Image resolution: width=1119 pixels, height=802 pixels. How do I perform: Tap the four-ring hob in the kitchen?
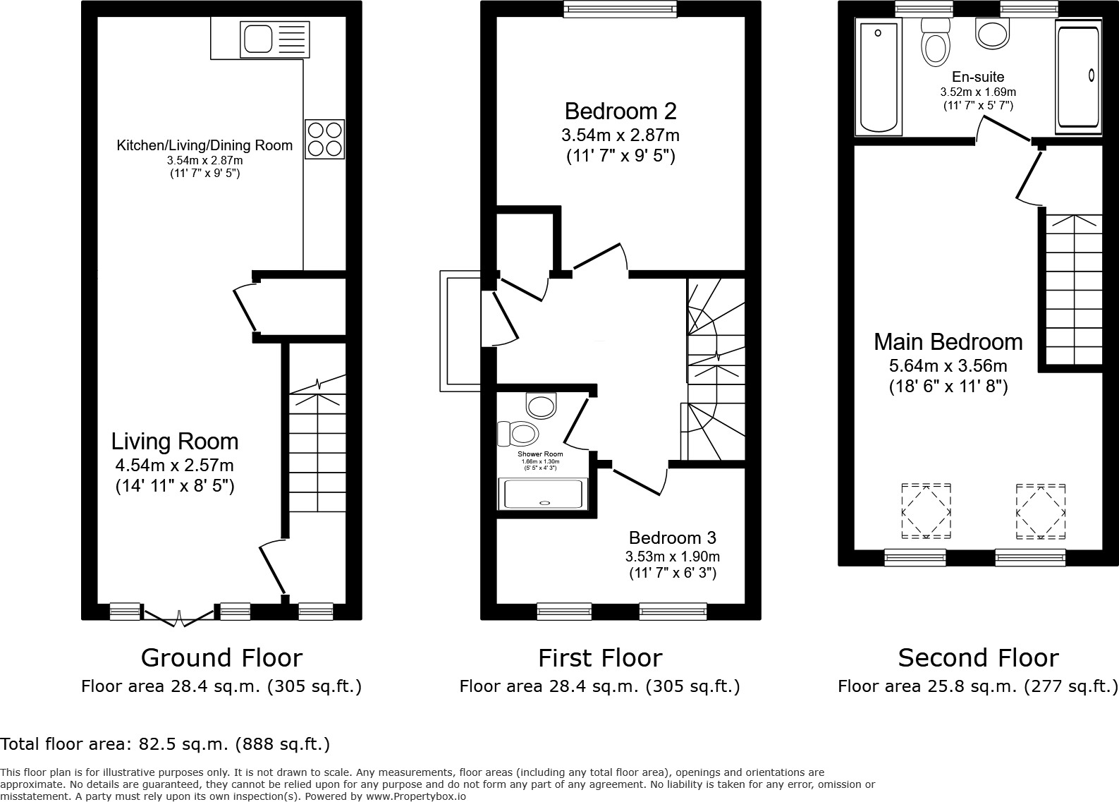click(324, 139)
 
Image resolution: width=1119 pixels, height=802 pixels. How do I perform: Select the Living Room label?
click(175, 442)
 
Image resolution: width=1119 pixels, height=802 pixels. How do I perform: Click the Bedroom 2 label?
click(620, 111)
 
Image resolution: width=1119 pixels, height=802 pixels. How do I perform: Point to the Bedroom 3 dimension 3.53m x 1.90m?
click(672, 557)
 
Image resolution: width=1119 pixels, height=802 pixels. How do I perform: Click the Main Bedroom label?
click(948, 342)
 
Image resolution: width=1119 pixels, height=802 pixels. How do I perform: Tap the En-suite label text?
click(977, 77)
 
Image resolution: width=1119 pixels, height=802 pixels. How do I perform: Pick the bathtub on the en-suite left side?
click(879, 78)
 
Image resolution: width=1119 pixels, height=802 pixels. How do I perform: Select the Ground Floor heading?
click(221, 657)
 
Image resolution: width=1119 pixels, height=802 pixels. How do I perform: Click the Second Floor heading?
click(978, 657)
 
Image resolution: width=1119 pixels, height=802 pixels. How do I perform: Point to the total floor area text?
click(165, 743)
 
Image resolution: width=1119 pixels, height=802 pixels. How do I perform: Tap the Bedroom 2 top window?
click(620, 8)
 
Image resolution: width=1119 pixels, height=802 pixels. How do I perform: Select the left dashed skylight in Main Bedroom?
click(926, 511)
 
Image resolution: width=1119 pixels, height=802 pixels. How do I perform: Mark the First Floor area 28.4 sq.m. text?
click(599, 686)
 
